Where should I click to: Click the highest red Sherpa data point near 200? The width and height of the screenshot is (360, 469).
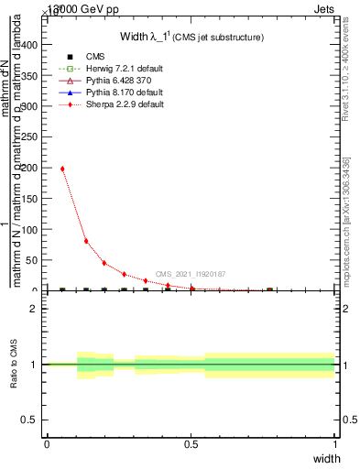pyautogui.click(x=62, y=169)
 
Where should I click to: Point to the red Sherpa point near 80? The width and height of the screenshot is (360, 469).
pyautogui.click(x=86, y=241)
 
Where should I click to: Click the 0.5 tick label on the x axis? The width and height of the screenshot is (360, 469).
pyautogui.click(x=191, y=444)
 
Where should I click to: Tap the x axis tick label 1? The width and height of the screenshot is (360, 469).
pyautogui.click(x=335, y=444)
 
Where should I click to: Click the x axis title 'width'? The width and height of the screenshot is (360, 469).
pyautogui.click(x=327, y=458)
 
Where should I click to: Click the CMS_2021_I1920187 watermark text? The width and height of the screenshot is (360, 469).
pyautogui.click(x=191, y=274)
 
